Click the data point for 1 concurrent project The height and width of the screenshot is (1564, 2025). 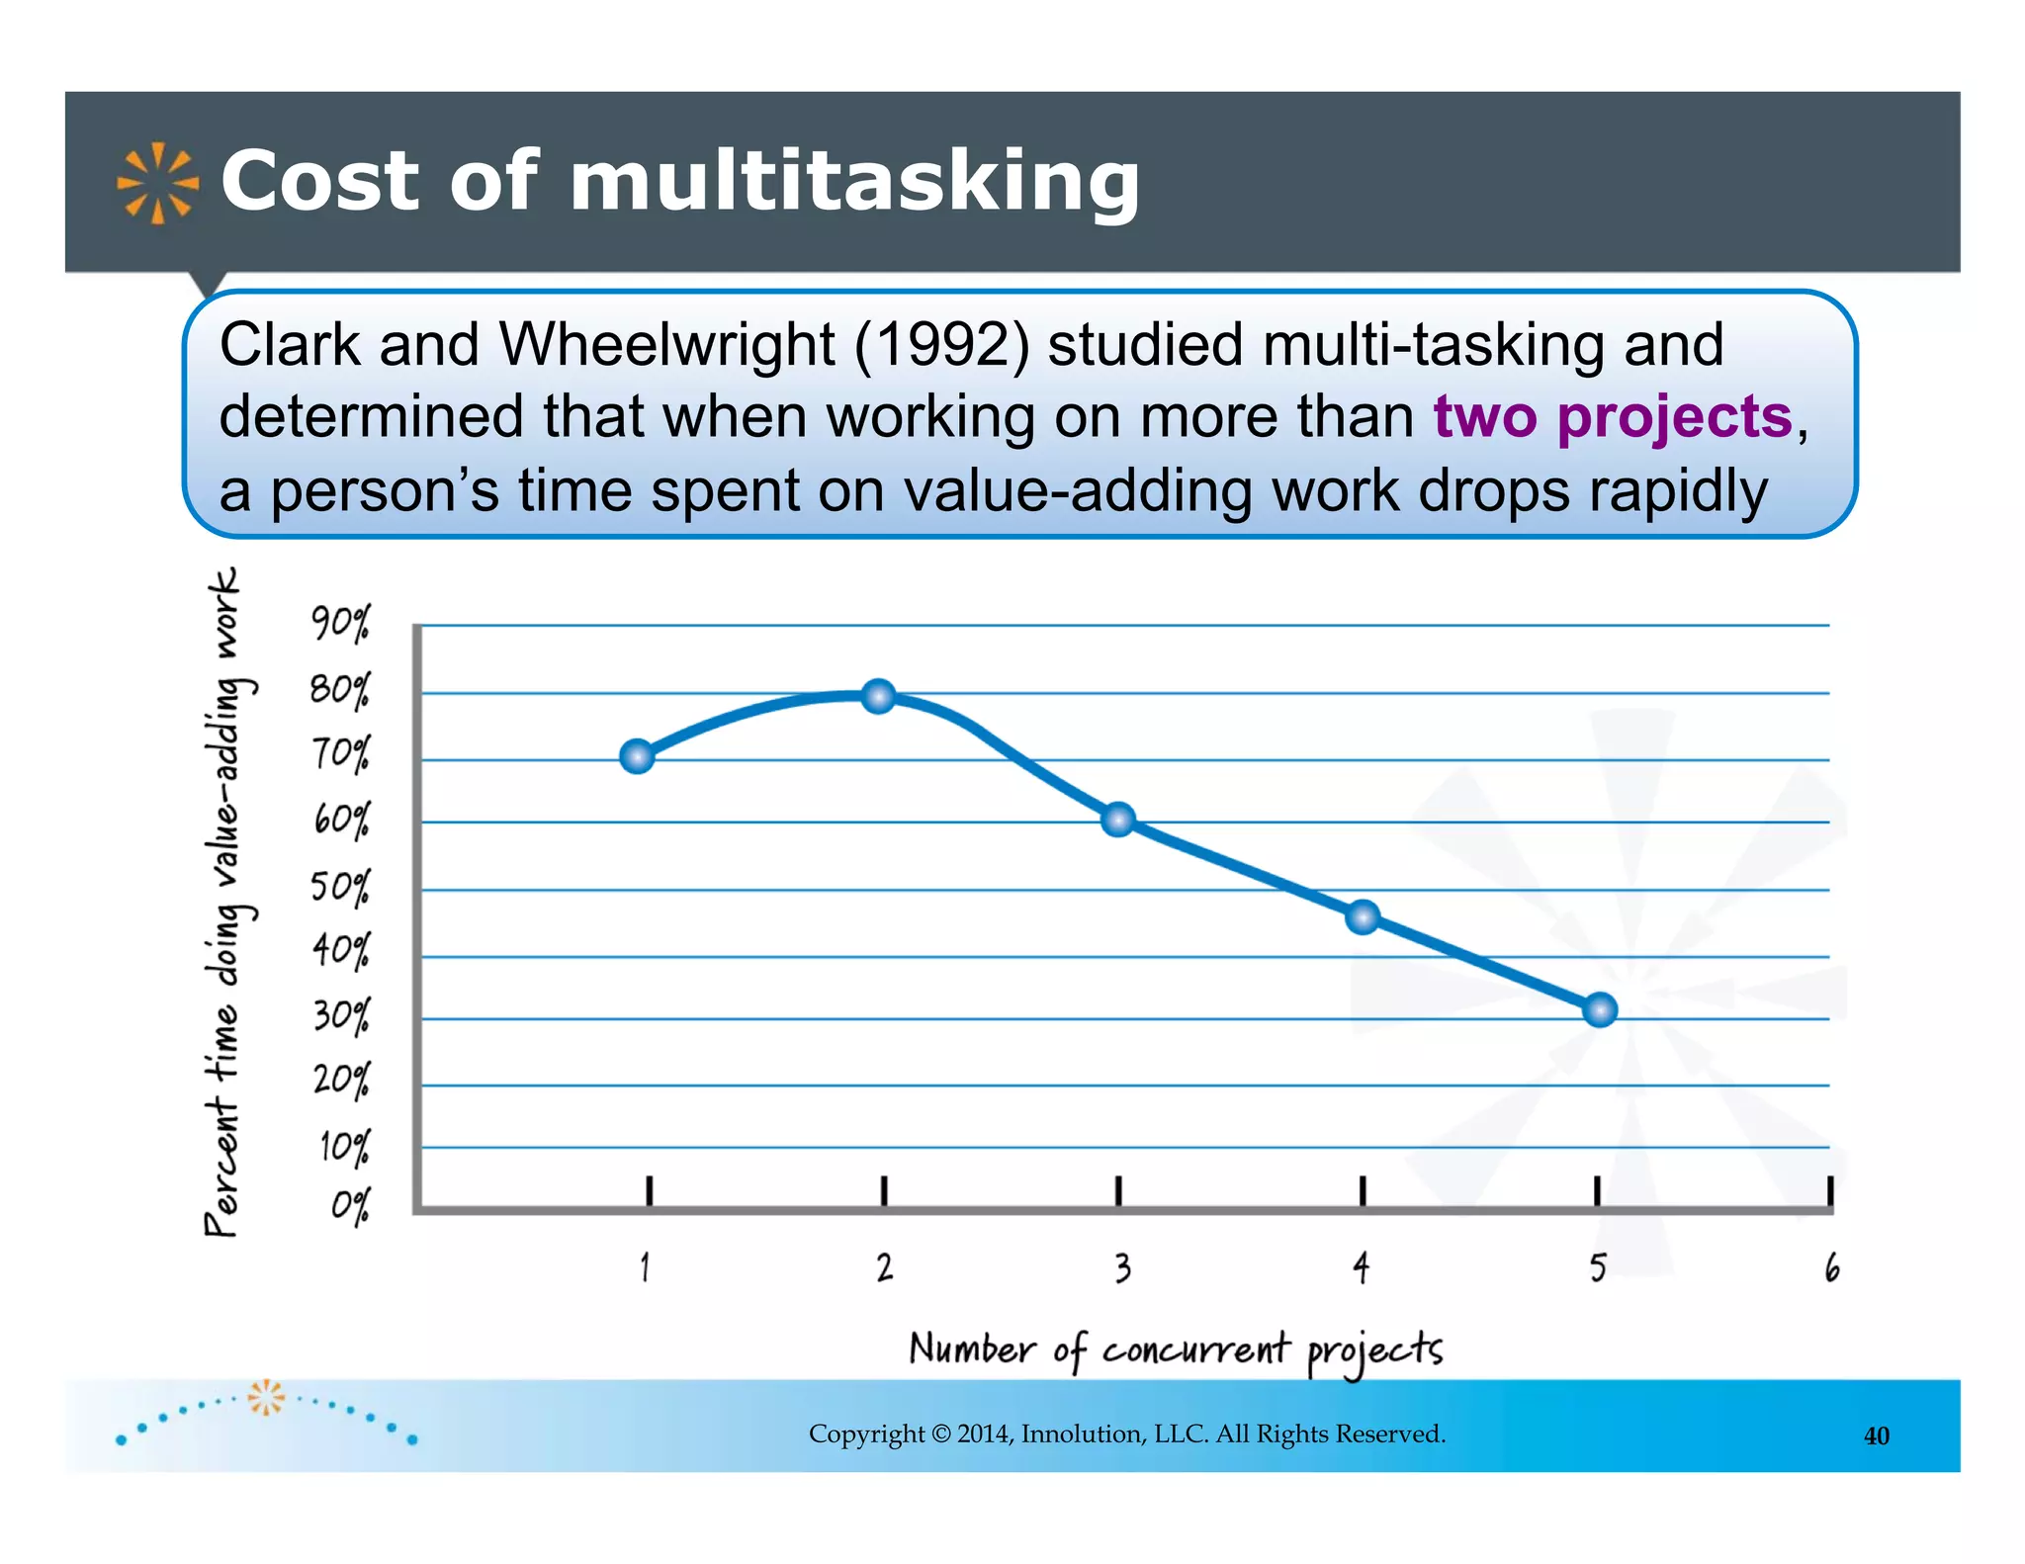pyautogui.click(x=638, y=756)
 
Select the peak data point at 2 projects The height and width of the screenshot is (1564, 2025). pyautogui.click(x=878, y=696)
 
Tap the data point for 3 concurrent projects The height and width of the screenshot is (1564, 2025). pyautogui.click(x=1118, y=820)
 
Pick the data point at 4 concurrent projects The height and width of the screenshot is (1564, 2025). pyautogui.click(x=1363, y=917)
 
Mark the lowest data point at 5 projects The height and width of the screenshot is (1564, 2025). pyautogui.click(x=1599, y=1009)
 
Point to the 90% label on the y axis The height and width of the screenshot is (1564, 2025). pyautogui.click(x=340, y=624)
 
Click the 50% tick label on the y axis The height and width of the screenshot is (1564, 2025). pyautogui.click(x=340, y=886)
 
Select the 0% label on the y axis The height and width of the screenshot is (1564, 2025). pyautogui.click(x=350, y=1206)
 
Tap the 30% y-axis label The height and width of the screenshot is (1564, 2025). pyautogui.click(x=341, y=1015)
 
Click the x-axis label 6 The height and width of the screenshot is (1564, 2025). pyautogui.click(x=1832, y=1267)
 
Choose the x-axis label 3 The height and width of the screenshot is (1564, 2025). pyautogui.click(x=1122, y=1267)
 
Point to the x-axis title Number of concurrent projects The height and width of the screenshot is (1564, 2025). pyautogui.click(x=1176, y=1350)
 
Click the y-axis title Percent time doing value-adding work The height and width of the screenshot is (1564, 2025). pyautogui.click(x=223, y=902)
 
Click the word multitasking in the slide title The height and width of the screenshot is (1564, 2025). pyautogui.click(x=854, y=181)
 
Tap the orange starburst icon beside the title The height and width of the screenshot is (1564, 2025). pyautogui.click(x=156, y=183)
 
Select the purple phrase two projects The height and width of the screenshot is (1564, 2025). pyautogui.click(x=1612, y=416)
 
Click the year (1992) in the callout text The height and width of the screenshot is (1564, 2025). pyautogui.click(x=940, y=345)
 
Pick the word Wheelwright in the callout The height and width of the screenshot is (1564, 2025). pyautogui.click(x=666, y=345)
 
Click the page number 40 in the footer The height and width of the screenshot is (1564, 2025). pyautogui.click(x=1876, y=1435)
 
